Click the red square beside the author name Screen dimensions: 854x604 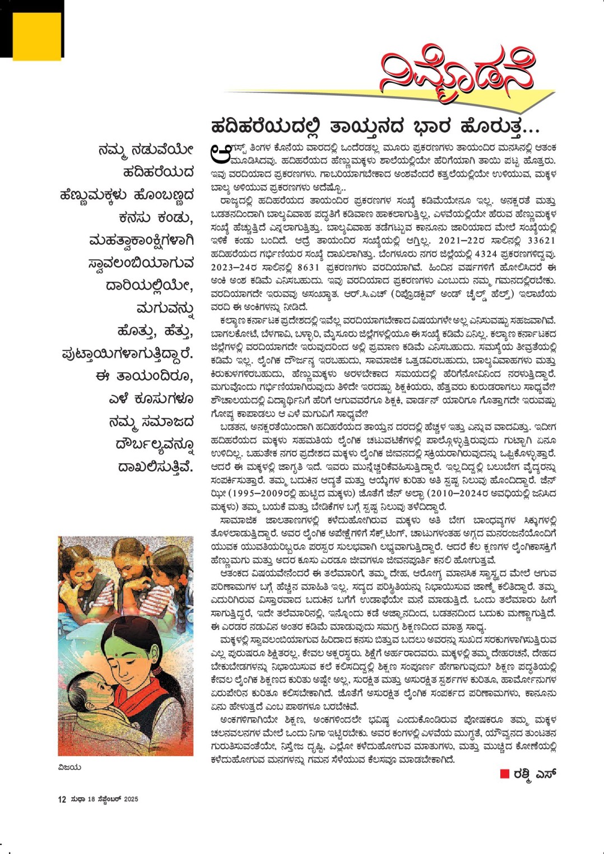tap(504, 774)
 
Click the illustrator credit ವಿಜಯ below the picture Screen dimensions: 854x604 tap(69, 767)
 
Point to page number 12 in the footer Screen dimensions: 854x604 tap(62, 799)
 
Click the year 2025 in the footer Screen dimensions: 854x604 tap(131, 799)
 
